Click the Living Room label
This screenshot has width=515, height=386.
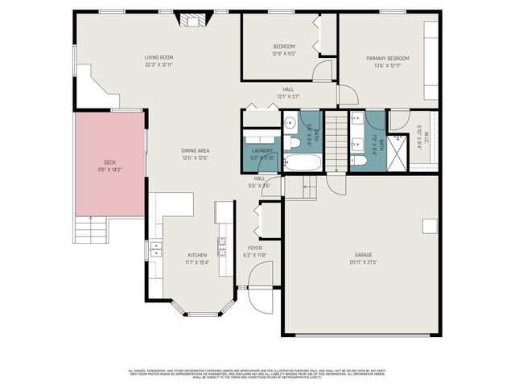tap(159, 58)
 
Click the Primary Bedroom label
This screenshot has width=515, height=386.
tap(388, 59)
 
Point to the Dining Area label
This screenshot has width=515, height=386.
tap(195, 150)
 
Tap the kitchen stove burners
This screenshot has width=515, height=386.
tap(222, 240)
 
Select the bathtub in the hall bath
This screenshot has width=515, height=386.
tap(303, 162)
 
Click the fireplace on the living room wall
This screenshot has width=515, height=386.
tap(192, 20)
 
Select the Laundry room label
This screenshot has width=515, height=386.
tap(262, 150)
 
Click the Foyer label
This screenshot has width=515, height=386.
tap(255, 248)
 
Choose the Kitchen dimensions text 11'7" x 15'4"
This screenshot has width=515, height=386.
tap(198, 262)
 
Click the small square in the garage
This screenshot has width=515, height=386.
tap(430, 224)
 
